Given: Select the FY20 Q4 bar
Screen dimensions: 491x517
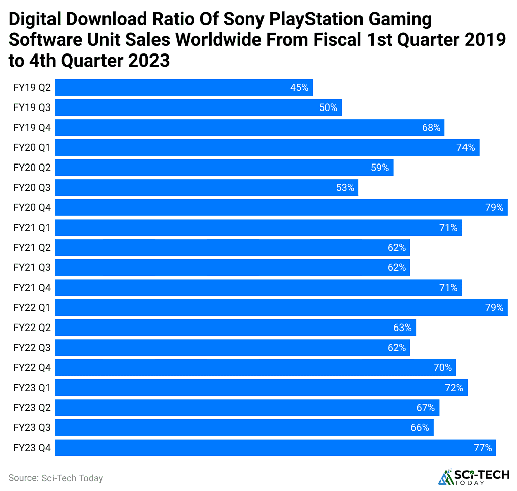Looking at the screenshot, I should [x=281, y=207].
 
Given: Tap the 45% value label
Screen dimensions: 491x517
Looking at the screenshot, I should [x=299, y=88].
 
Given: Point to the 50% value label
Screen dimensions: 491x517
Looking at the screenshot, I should [x=328, y=107].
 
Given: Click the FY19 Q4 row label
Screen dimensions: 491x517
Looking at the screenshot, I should [x=32, y=128].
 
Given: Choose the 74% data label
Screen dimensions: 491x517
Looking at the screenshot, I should [x=466, y=147].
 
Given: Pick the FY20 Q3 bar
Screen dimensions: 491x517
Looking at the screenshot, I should [x=206, y=188].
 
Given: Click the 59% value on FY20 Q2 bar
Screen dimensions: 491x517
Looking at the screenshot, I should [x=380, y=168].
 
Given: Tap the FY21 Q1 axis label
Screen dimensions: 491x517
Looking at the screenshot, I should [x=32, y=228].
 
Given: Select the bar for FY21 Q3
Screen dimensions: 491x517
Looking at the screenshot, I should [x=232, y=267].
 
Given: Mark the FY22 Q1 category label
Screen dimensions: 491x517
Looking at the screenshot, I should [x=32, y=307].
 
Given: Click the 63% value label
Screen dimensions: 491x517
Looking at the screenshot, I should [x=402, y=328].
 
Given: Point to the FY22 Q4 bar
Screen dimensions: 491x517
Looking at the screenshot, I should [x=255, y=367].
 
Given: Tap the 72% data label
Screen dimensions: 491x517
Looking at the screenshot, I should [x=454, y=388].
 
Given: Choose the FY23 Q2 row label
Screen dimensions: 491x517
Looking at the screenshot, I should [x=32, y=408].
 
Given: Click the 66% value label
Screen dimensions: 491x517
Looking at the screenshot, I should [x=420, y=427].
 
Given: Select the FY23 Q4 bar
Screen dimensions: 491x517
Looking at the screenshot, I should [x=275, y=448].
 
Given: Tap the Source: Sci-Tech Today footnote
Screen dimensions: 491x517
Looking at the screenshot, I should [x=56, y=478].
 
